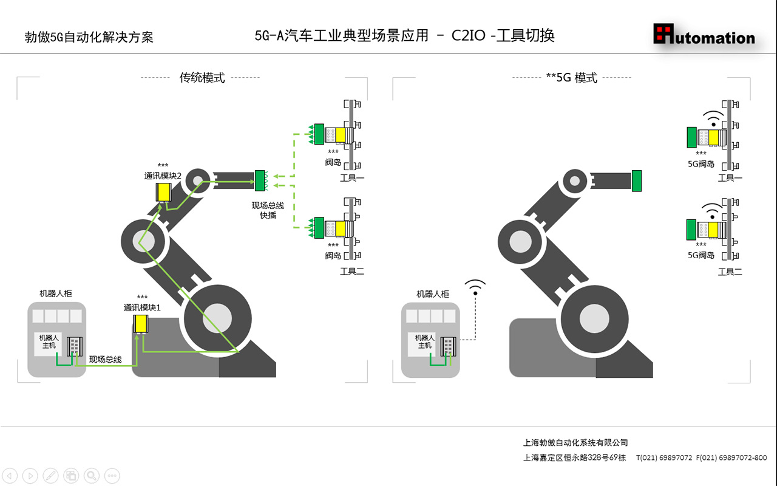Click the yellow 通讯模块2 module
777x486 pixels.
click(163, 192)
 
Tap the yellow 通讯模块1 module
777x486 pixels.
click(141, 323)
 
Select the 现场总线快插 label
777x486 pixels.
click(268, 210)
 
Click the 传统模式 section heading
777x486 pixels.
click(202, 78)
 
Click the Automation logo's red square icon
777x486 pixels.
click(664, 33)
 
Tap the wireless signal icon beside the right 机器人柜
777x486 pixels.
click(475, 287)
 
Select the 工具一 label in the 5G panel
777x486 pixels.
click(730, 178)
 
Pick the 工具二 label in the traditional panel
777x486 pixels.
click(351, 272)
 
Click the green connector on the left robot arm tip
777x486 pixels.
click(260, 180)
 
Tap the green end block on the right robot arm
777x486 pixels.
click(636, 180)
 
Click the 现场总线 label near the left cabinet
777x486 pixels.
click(105, 360)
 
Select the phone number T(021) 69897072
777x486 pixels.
click(663, 457)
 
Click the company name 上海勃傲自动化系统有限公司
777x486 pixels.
click(575, 443)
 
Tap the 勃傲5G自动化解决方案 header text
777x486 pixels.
click(89, 37)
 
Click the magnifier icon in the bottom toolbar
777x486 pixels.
click(92, 475)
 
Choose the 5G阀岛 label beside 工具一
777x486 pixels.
click(701, 163)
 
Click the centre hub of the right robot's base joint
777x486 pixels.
click(594, 318)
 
